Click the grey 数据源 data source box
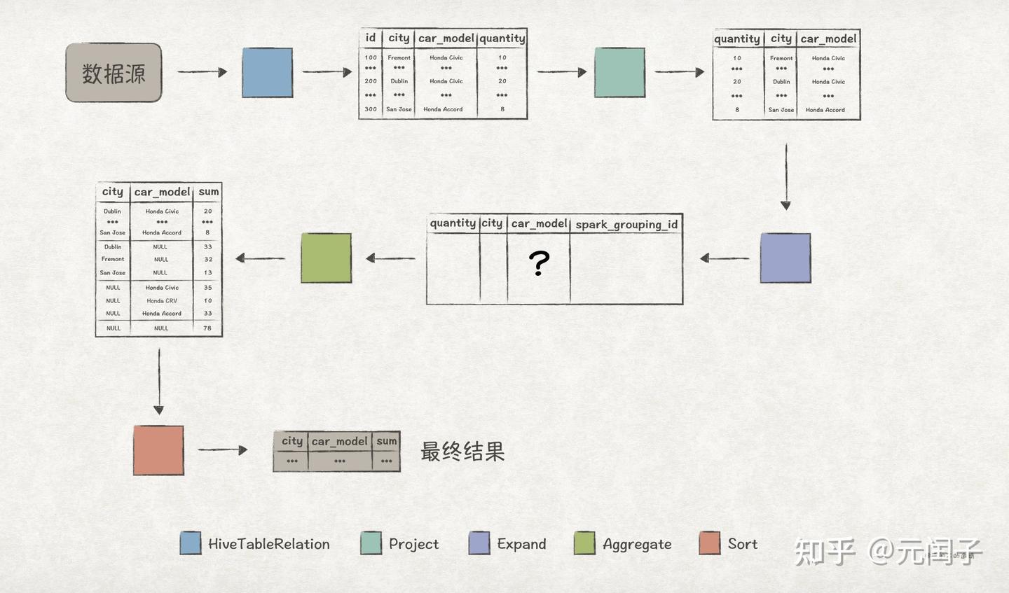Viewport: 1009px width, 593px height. tap(114, 73)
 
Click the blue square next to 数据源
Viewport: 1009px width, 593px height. tap(267, 72)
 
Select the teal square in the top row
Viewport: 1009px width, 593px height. tap(619, 72)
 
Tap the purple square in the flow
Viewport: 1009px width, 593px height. tap(785, 258)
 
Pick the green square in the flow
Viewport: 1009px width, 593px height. tap(326, 258)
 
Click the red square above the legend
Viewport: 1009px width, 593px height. tap(158, 450)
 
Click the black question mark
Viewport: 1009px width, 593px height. tap(539, 263)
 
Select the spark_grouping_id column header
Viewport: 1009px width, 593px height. tap(626, 224)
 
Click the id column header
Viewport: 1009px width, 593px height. tap(371, 38)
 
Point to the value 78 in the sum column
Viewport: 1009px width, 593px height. tap(207, 328)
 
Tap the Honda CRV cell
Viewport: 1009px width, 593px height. tap(162, 300)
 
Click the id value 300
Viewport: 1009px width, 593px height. tap(371, 109)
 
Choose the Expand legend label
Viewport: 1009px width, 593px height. tap(521, 544)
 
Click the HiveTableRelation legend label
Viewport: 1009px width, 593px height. tap(268, 544)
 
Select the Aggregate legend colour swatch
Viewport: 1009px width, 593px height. tap(584, 543)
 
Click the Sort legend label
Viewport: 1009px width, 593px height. tap(743, 544)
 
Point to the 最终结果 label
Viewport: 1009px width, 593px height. tap(462, 452)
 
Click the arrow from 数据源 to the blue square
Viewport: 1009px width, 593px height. tap(202, 71)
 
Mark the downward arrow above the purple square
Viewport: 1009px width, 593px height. tap(785, 176)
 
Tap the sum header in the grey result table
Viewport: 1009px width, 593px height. tap(386, 441)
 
